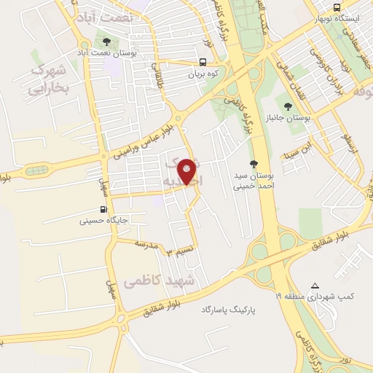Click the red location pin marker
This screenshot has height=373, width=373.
(187, 170)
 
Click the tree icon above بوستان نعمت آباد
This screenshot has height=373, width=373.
(106, 42)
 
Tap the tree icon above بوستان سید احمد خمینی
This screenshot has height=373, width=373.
(253, 164)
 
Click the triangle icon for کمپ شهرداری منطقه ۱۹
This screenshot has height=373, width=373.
(315, 286)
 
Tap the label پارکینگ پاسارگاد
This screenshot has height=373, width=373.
(230, 310)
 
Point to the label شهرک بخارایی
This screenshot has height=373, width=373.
(47, 80)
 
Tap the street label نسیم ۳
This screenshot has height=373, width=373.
(180, 251)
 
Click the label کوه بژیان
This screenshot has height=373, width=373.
(205, 74)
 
